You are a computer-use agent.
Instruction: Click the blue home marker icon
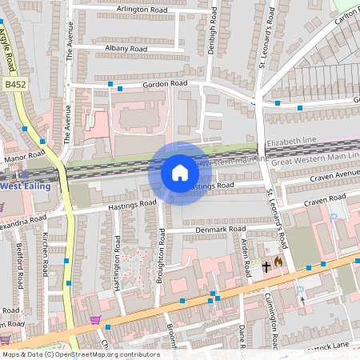pyautogui.click(x=180, y=173)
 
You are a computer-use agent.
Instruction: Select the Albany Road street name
pyautogui.click(x=126, y=49)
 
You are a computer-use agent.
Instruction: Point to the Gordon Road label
pyautogui.click(x=165, y=83)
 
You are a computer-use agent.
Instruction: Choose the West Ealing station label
pyautogui.click(x=25, y=186)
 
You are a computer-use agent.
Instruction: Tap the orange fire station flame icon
pyautogui.click(x=278, y=261)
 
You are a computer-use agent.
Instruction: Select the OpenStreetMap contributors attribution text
pyautogui.click(x=80, y=354)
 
